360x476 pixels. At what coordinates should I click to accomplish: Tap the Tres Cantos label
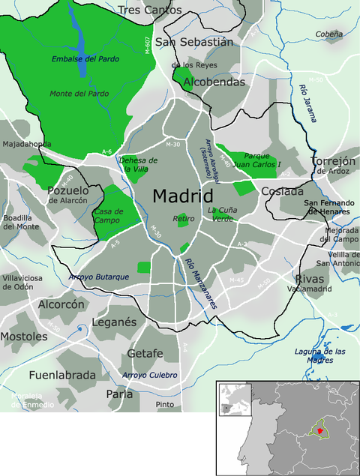coord(150,10)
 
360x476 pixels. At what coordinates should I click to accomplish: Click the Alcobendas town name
coord(214,82)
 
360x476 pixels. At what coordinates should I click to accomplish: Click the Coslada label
coord(282,191)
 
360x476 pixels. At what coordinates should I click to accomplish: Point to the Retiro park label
coord(184,219)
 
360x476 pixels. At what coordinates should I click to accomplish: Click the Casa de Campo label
coord(109,216)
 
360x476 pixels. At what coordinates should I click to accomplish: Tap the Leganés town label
coord(114,322)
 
